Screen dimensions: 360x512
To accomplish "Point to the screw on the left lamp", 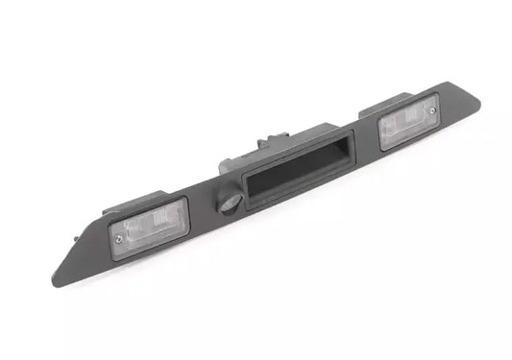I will (118, 238).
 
